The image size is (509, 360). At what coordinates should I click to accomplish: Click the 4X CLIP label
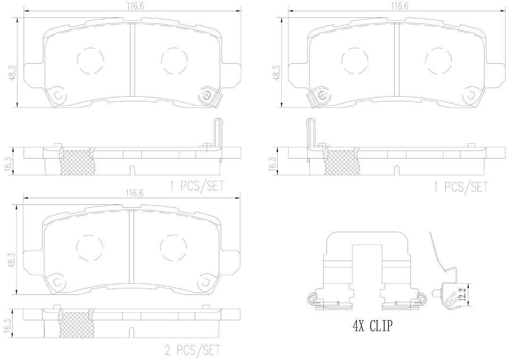(x=372, y=325)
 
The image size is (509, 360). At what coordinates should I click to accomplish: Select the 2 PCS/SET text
(x=192, y=350)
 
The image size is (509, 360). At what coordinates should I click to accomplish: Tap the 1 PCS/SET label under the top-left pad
(x=197, y=186)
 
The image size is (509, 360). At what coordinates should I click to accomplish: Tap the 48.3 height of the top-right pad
(x=277, y=74)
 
